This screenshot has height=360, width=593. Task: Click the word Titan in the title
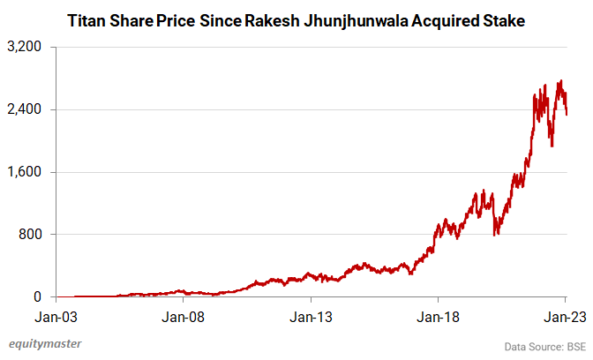[87, 19]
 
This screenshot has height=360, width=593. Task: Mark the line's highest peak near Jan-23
[560, 80]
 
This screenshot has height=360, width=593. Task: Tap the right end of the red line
[567, 113]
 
